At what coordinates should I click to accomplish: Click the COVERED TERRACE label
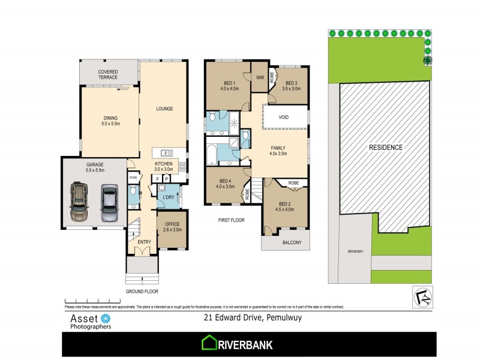coord(108,74)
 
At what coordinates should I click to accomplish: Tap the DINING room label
coord(110,121)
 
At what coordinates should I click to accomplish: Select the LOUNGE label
coord(164,109)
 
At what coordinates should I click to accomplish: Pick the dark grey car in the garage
coord(109,203)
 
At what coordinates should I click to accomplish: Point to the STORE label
coord(133,178)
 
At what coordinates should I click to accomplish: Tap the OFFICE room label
coord(172,226)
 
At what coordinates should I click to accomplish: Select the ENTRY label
coord(144,242)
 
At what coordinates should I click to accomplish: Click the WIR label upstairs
coord(260,77)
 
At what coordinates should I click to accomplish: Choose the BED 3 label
coord(292,86)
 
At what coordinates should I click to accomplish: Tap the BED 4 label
coord(226,184)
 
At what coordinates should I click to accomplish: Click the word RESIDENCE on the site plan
coord(385,147)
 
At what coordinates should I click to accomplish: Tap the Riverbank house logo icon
coord(209,343)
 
